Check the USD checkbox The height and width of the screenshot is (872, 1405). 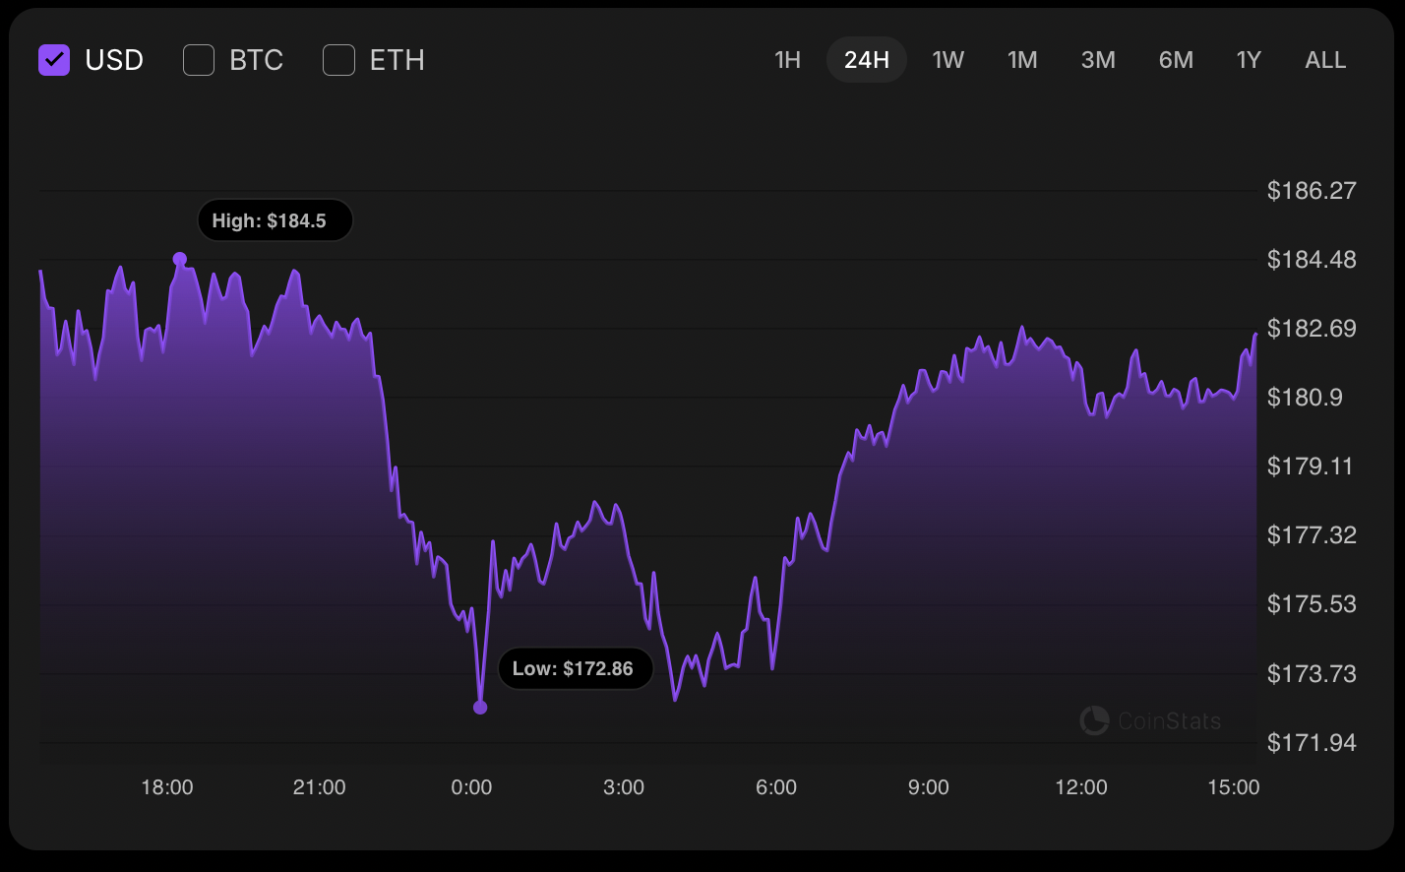[x=54, y=60]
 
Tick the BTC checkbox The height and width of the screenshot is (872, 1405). [x=199, y=60]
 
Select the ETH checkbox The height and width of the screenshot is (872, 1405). [x=339, y=60]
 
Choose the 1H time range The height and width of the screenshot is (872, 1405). [x=787, y=60]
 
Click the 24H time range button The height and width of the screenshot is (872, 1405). [x=867, y=60]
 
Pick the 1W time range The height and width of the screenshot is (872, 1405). [x=948, y=60]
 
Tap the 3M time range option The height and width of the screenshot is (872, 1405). [x=1098, y=60]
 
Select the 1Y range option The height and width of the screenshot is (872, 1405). [x=1249, y=60]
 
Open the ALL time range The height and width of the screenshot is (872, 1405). [x=1325, y=60]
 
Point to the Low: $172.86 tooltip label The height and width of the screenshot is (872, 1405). [x=574, y=669]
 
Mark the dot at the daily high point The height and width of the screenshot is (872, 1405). [x=180, y=259]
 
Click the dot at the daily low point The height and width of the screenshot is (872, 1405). [x=480, y=707]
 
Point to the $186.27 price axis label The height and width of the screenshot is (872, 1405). [x=1312, y=190]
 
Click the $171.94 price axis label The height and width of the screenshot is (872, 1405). [x=1312, y=742]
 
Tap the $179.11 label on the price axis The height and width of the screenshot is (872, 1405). [x=1312, y=466]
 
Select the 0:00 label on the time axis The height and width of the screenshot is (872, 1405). [x=471, y=787]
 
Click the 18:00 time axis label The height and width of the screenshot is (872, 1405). [x=167, y=787]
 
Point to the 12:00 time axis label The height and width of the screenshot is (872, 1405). [x=1081, y=787]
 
